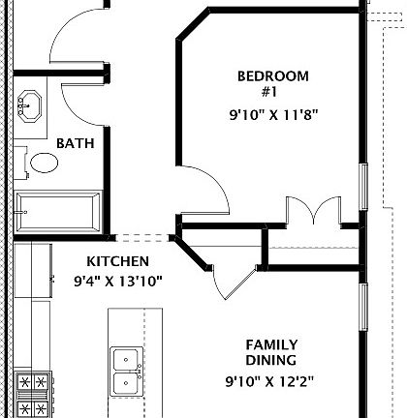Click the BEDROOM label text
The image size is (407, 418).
272,76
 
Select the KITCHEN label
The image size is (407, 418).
117,261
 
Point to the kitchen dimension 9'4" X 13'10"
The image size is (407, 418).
118,282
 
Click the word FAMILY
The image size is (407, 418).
271,344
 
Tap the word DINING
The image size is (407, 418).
271,361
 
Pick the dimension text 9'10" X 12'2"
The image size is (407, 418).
270,380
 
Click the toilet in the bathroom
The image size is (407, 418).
45,162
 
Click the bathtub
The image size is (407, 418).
57,210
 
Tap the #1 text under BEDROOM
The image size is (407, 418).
269,92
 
